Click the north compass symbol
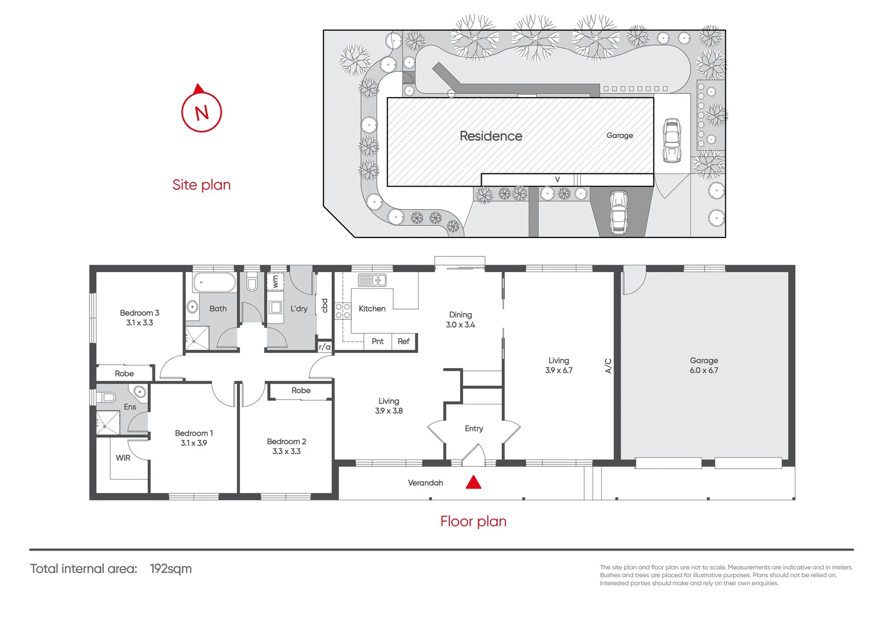click(x=202, y=111)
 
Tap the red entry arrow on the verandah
click(x=474, y=482)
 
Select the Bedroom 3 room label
click(x=139, y=313)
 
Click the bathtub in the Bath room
click(x=214, y=283)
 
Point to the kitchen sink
click(x=372, y=280)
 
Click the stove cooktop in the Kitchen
click(x=343, y=311)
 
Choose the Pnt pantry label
click(x=378, y=341)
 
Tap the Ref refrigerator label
click(x=404, y=341)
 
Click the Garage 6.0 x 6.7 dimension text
click(x=703, y=370)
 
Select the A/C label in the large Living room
click(x=608, y=366)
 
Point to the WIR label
click(x=123, y=458)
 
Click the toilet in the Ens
click(x=108, y=398)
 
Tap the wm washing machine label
click(x=275, y=281)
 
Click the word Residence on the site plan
click(x=490, y=136)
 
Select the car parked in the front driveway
click(x=619, y=212)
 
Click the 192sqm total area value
click(x=170, y=569)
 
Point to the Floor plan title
click(x=473, y=521)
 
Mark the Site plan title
click(x=201, y=185)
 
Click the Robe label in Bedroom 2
click(x=301, y=391)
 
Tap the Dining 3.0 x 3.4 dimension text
click(x=460, y=325)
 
